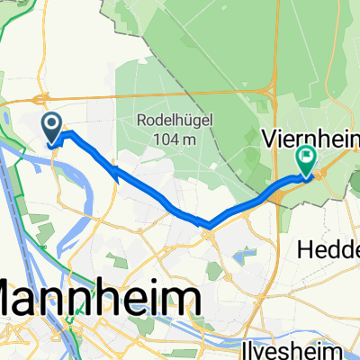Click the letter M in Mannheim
(x=16, y=297)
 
